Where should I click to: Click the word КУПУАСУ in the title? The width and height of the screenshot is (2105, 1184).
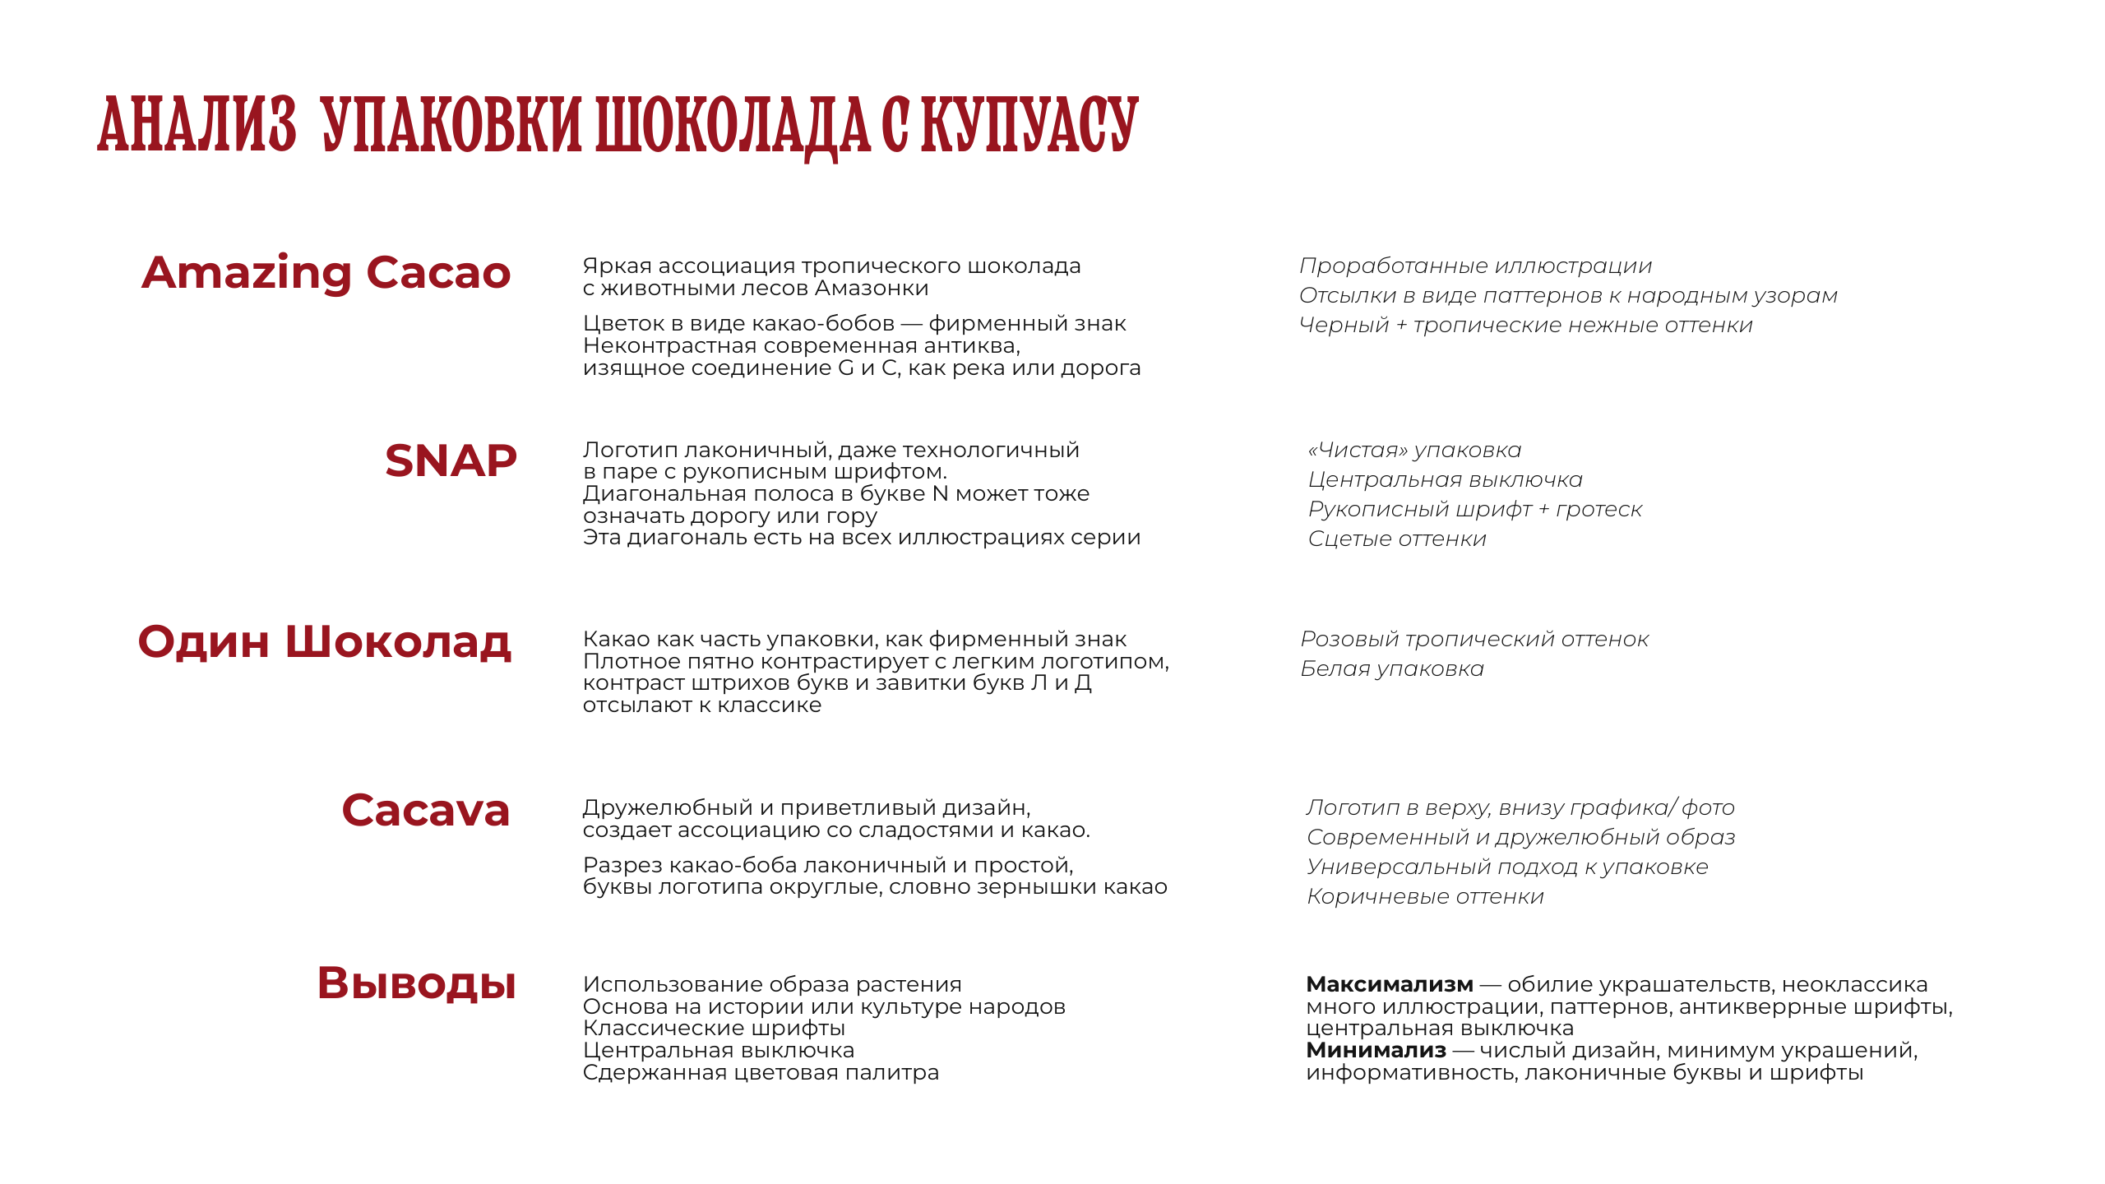1029,125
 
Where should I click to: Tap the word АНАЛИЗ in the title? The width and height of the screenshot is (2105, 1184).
197,125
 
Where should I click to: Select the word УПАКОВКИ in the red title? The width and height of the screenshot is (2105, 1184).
451,125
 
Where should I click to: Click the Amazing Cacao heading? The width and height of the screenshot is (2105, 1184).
326,273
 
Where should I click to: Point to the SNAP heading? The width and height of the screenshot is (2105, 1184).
451,460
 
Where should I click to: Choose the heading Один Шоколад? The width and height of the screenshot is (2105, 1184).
325,642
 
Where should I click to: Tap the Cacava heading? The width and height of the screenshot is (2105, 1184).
426,811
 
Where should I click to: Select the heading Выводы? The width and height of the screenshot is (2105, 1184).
417,983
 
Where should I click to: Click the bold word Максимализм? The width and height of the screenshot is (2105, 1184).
1390,984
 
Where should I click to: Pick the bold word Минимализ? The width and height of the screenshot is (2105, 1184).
1376,1050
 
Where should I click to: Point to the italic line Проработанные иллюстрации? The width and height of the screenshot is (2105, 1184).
1475,266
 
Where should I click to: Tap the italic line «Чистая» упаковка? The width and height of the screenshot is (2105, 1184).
1414,451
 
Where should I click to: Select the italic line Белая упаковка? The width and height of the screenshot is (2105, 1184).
1392,669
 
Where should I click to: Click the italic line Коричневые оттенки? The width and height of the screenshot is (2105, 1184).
1425,897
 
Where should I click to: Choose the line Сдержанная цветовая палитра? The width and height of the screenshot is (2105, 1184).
761,1073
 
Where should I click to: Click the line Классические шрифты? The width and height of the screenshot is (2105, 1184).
714,1029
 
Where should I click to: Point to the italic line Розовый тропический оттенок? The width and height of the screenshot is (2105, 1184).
1474,640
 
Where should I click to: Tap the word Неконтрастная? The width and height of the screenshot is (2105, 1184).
669,346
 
